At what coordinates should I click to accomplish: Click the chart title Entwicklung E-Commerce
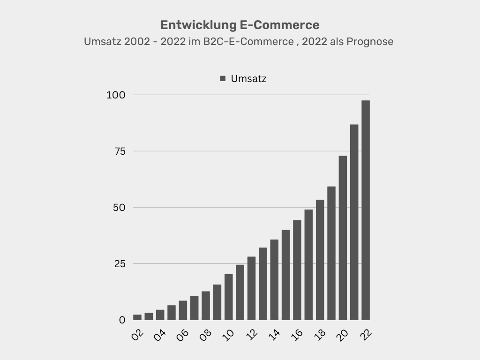[240, 25]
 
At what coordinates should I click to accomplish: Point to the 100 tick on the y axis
[116, 95]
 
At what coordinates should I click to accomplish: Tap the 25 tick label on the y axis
[120, 264]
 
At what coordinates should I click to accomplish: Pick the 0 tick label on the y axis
[122, 320]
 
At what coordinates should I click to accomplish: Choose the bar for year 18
[320, 260]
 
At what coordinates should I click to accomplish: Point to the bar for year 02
[137, 317]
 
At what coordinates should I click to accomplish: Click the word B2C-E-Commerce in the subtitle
[248, 42]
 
